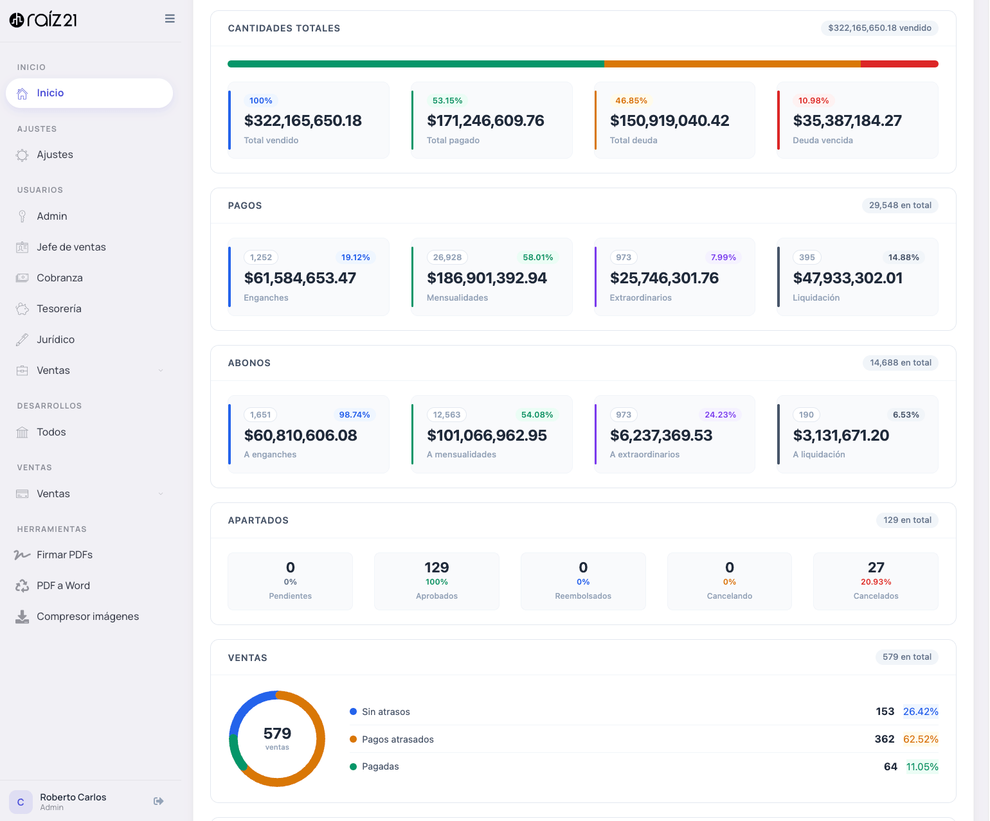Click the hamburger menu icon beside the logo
click(170, 19)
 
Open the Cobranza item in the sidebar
click(60, 278)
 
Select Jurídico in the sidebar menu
click(55, 340)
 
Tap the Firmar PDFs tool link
click(64, 555)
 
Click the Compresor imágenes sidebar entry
click(87, 617)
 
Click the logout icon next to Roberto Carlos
click(159, 801)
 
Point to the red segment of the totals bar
click(899, 64)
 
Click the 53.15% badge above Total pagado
click(447, 101)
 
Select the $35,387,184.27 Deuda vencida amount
click(847, 121)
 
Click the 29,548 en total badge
click(899, 206)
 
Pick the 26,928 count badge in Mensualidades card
click(447, 258)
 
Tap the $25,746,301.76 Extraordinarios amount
click(664, 278)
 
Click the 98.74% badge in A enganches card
click(354, 415)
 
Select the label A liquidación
click(818, 455)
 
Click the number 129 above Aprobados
click(437, 568)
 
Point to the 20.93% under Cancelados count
click(876, 582)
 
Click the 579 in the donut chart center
click(277, 734)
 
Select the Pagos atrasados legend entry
click(397, 739)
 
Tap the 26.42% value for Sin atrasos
click(920, 712)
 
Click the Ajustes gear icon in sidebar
click(22, 155)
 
